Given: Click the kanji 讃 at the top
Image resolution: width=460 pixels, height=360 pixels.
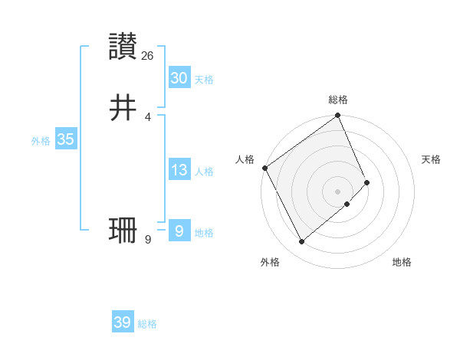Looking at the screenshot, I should click(123, 47).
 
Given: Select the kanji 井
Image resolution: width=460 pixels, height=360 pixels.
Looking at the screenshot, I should click(123, 108).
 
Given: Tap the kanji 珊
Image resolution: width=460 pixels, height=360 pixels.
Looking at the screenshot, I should click(123, 230).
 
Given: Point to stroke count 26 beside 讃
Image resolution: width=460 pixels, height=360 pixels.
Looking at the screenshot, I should click(148, 56).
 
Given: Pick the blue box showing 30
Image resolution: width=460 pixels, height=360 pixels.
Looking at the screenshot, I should click(179, 78).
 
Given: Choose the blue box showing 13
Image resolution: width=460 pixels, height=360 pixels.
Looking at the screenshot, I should click(179, 170).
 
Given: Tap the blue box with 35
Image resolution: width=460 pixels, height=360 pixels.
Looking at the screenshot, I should click(65, 139).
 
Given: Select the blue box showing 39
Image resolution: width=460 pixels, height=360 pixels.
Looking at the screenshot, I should click(122, 322).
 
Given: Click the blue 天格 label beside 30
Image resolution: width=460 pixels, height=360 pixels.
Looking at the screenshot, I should click(204, 80).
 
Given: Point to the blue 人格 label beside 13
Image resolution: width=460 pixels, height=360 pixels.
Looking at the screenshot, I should click(204, 172).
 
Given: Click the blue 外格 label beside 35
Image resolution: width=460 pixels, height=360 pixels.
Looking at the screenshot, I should click(41, 141).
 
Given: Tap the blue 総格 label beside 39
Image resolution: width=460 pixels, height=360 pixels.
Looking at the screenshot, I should click(147, 324).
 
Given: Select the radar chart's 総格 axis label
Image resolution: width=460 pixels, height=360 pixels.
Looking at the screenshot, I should click(338, 100).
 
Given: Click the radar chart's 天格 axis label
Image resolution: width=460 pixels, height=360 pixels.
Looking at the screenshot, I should click(431, 159).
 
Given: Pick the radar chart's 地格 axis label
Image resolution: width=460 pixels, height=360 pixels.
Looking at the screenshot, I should click(402, 262).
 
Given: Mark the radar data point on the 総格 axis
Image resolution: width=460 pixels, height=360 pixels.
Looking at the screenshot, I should click(338, 116).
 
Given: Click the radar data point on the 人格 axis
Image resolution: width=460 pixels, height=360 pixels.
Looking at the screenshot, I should click(264, 168).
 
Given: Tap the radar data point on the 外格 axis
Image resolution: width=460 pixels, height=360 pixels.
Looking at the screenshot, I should click(301, 242).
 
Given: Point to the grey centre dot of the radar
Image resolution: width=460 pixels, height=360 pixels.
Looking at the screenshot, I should click(338, 191).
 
